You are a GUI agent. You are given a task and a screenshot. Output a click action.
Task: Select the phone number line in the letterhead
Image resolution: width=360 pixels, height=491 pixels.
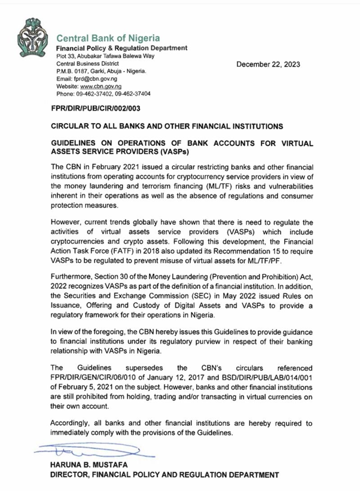pos(103,94)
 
